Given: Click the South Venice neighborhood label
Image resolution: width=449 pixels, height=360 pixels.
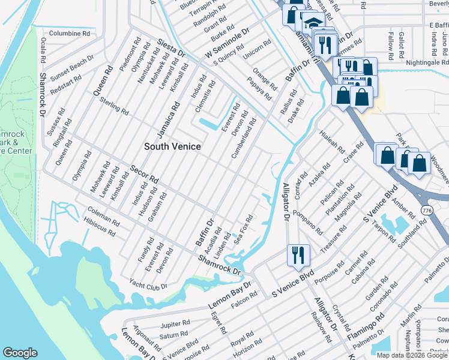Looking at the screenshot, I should (172, 146).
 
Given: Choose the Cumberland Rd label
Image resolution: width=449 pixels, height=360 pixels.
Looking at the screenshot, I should (244, 138).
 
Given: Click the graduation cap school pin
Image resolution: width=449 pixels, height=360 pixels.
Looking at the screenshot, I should (312, 23).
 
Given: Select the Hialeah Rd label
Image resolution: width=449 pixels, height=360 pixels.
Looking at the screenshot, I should (331, 142).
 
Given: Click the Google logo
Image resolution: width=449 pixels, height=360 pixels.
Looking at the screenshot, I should (20, 353).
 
